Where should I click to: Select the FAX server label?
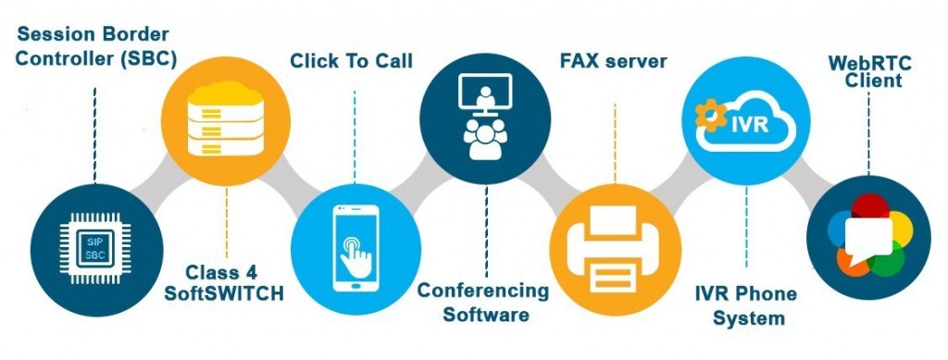(x=613, y=62)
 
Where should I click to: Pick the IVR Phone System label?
(x=746, y=306)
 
